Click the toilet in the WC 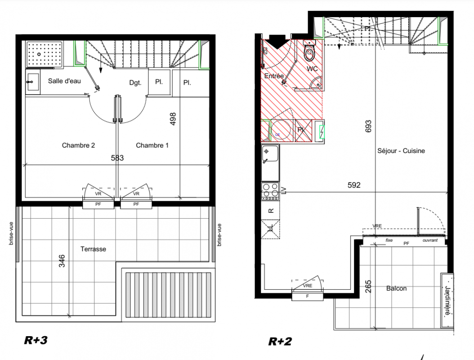click(x=309, y=52)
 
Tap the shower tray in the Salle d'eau click(x=45, y=54)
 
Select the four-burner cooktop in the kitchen click(x=270, y=191)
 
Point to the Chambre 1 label click(x=152, y=145)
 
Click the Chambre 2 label click(x=78, y=145)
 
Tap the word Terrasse click(x=93, y=249)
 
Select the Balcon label click(x=396, y=288)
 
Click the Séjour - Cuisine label click(x=401, y=151)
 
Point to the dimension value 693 click(x=368, y=126)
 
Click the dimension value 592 click(x=354, y=185)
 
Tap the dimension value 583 click(x=117, y=158)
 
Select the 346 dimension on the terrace click(x=62, y=261)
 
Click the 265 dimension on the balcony click(x=368, y=287)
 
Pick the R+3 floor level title click(x=36, y=340)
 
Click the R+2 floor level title click(x=280, y=342)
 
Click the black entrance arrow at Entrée click(x=277, y=41)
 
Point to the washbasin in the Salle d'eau click(x=32, y=82)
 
